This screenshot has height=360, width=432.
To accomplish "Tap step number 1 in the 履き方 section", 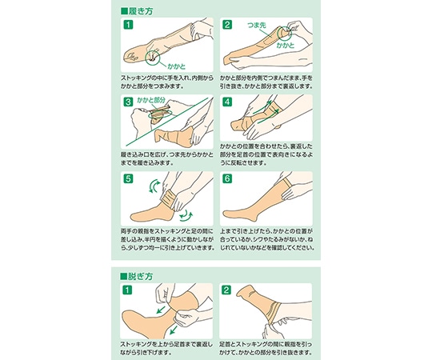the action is (x=128, y=25).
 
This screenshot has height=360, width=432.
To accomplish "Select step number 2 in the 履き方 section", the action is (x=227, y=25).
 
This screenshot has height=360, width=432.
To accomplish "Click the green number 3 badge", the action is (x=128, y=102).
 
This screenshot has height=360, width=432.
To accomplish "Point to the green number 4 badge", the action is (x=227, y=102).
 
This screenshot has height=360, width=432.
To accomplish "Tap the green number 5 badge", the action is (x=128, y=178).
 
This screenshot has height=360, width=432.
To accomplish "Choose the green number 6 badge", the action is (x=227, y=178).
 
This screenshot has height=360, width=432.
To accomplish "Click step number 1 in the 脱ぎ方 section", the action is (x=127, y=290).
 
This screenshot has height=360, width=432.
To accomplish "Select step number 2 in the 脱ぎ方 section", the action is (x=226, y=290).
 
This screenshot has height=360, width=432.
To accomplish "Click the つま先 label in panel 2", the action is (x=257, y=25).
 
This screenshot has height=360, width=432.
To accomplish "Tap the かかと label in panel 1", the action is (x=177, y=66).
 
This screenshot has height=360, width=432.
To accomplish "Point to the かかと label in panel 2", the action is (x=286, y=45).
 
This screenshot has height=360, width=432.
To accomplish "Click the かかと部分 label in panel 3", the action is (x=151, y=100).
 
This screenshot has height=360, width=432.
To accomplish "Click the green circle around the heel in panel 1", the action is (x=146, y=58).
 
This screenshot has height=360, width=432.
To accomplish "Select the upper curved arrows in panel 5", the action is (x=154, y=186).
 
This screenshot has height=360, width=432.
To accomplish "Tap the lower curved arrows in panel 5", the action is (x=186, y=215).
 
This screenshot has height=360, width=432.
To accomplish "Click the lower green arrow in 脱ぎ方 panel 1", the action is (x=174, y=330).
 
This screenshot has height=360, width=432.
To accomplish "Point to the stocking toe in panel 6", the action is (x=226, y=214).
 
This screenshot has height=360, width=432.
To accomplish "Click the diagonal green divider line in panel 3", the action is (x=166, y=122).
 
